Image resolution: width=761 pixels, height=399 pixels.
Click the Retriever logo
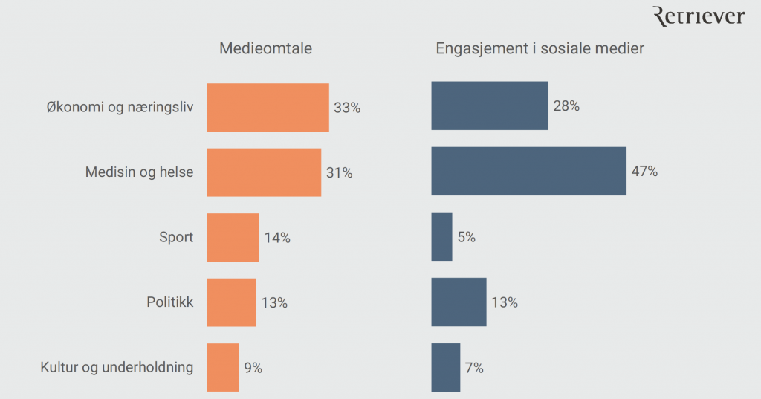[698, 16]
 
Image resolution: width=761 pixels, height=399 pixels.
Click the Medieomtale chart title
[265, 49]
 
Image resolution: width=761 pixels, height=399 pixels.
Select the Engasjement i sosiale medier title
[540, 49]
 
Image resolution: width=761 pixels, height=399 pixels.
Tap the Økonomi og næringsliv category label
[120, 107]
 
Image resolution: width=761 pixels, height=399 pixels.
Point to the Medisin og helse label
[139, 172]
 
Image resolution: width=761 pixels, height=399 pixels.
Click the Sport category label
[176, 238]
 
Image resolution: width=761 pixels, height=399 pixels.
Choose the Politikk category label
[169, 302]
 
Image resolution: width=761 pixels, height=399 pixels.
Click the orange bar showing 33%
[268, 107]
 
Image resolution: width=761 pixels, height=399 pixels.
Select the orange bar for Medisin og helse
[264, 172]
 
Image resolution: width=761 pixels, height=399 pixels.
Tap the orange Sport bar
[233, 238]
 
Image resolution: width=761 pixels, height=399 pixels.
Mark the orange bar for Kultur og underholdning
[223, 367]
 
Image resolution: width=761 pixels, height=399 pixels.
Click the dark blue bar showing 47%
[528, 172]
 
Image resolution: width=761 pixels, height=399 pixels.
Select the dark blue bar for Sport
[441, 237]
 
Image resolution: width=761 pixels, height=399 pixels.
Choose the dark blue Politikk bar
[459, 302]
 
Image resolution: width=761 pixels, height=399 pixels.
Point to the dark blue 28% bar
[490, 106]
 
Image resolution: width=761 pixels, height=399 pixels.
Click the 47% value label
[645, 172]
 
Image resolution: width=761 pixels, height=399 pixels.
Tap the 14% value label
[277, 238]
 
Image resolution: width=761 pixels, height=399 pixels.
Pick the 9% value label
[253, 367]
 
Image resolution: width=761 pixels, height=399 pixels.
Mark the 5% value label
[467, 238]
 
